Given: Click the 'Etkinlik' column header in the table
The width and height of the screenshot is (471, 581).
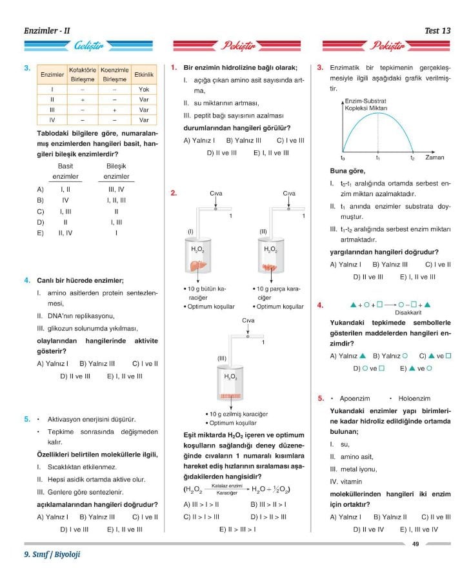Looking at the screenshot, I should tap(144, 75).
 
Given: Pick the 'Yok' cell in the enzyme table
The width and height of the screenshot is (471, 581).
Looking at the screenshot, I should tap(144, 89).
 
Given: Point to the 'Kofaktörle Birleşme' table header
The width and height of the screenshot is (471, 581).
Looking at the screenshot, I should tap(82, 74).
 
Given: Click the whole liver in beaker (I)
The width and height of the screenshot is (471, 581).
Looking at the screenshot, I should tap(198, 265).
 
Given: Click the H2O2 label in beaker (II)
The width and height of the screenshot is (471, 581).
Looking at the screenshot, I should tap(270, 249).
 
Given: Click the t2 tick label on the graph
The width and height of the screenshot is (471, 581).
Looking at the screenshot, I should tap(413, 158).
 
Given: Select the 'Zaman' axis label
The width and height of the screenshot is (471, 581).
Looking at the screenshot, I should tap(434, 157).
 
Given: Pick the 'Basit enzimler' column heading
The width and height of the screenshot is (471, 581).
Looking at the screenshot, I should tap(65, 171).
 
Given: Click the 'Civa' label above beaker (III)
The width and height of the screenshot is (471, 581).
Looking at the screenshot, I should tap(248, 321).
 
